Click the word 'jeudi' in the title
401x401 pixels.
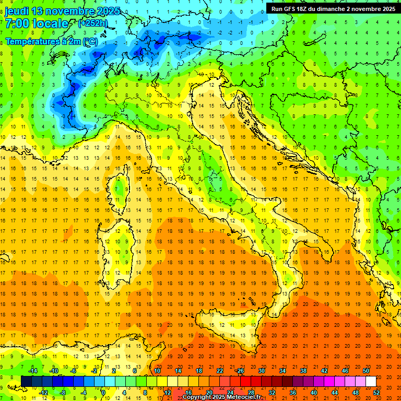16,11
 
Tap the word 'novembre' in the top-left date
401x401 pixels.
68,11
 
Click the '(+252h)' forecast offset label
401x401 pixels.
93,23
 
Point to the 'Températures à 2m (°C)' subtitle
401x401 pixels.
51,41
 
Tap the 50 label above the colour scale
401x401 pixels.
365,370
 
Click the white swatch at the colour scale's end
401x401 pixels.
371,381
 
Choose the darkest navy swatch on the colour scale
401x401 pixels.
26,381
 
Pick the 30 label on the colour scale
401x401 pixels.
261,370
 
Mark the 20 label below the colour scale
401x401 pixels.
209,393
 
